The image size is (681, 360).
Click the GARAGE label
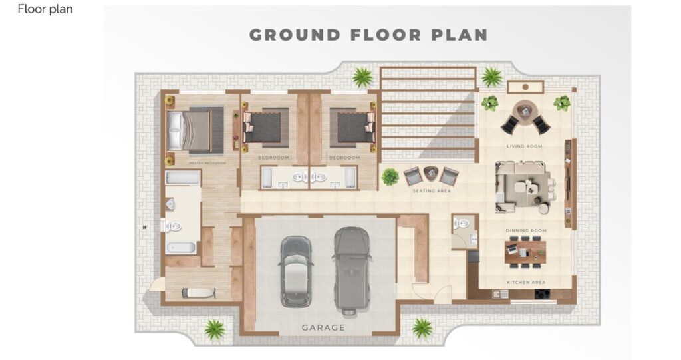[323, 327]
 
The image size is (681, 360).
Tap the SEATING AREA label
[432, 191]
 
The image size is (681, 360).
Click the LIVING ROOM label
[524, 146]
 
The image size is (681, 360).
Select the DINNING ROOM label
[525, 230]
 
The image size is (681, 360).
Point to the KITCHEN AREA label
[526, 282]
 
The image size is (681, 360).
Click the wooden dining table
[525, 249]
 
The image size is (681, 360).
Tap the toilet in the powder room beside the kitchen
[460, 224]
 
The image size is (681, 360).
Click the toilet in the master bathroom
[173, 226]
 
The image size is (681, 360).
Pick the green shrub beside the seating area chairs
[390, 177]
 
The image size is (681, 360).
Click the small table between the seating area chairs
[430, 173]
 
